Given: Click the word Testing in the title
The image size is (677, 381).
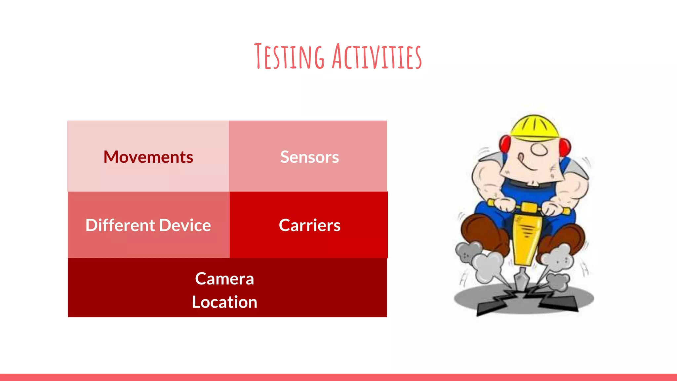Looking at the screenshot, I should point(289,57).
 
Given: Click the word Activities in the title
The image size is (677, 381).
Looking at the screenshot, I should point(377,57).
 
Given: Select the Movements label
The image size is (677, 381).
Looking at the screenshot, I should point(148,157).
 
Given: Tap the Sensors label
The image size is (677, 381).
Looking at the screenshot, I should point(309,157).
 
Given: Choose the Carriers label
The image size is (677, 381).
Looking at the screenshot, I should point(309,225).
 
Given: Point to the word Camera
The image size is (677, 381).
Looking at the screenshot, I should point(224,278).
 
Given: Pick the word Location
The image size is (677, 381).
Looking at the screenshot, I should point(224,302).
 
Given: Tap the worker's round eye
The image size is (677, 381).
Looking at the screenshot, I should point(540,149).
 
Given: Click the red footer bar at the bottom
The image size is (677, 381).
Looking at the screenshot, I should point(338,377).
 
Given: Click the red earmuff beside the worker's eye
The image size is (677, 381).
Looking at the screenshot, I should point(565,147).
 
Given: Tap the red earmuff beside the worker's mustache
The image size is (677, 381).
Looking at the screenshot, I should point(504,144).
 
